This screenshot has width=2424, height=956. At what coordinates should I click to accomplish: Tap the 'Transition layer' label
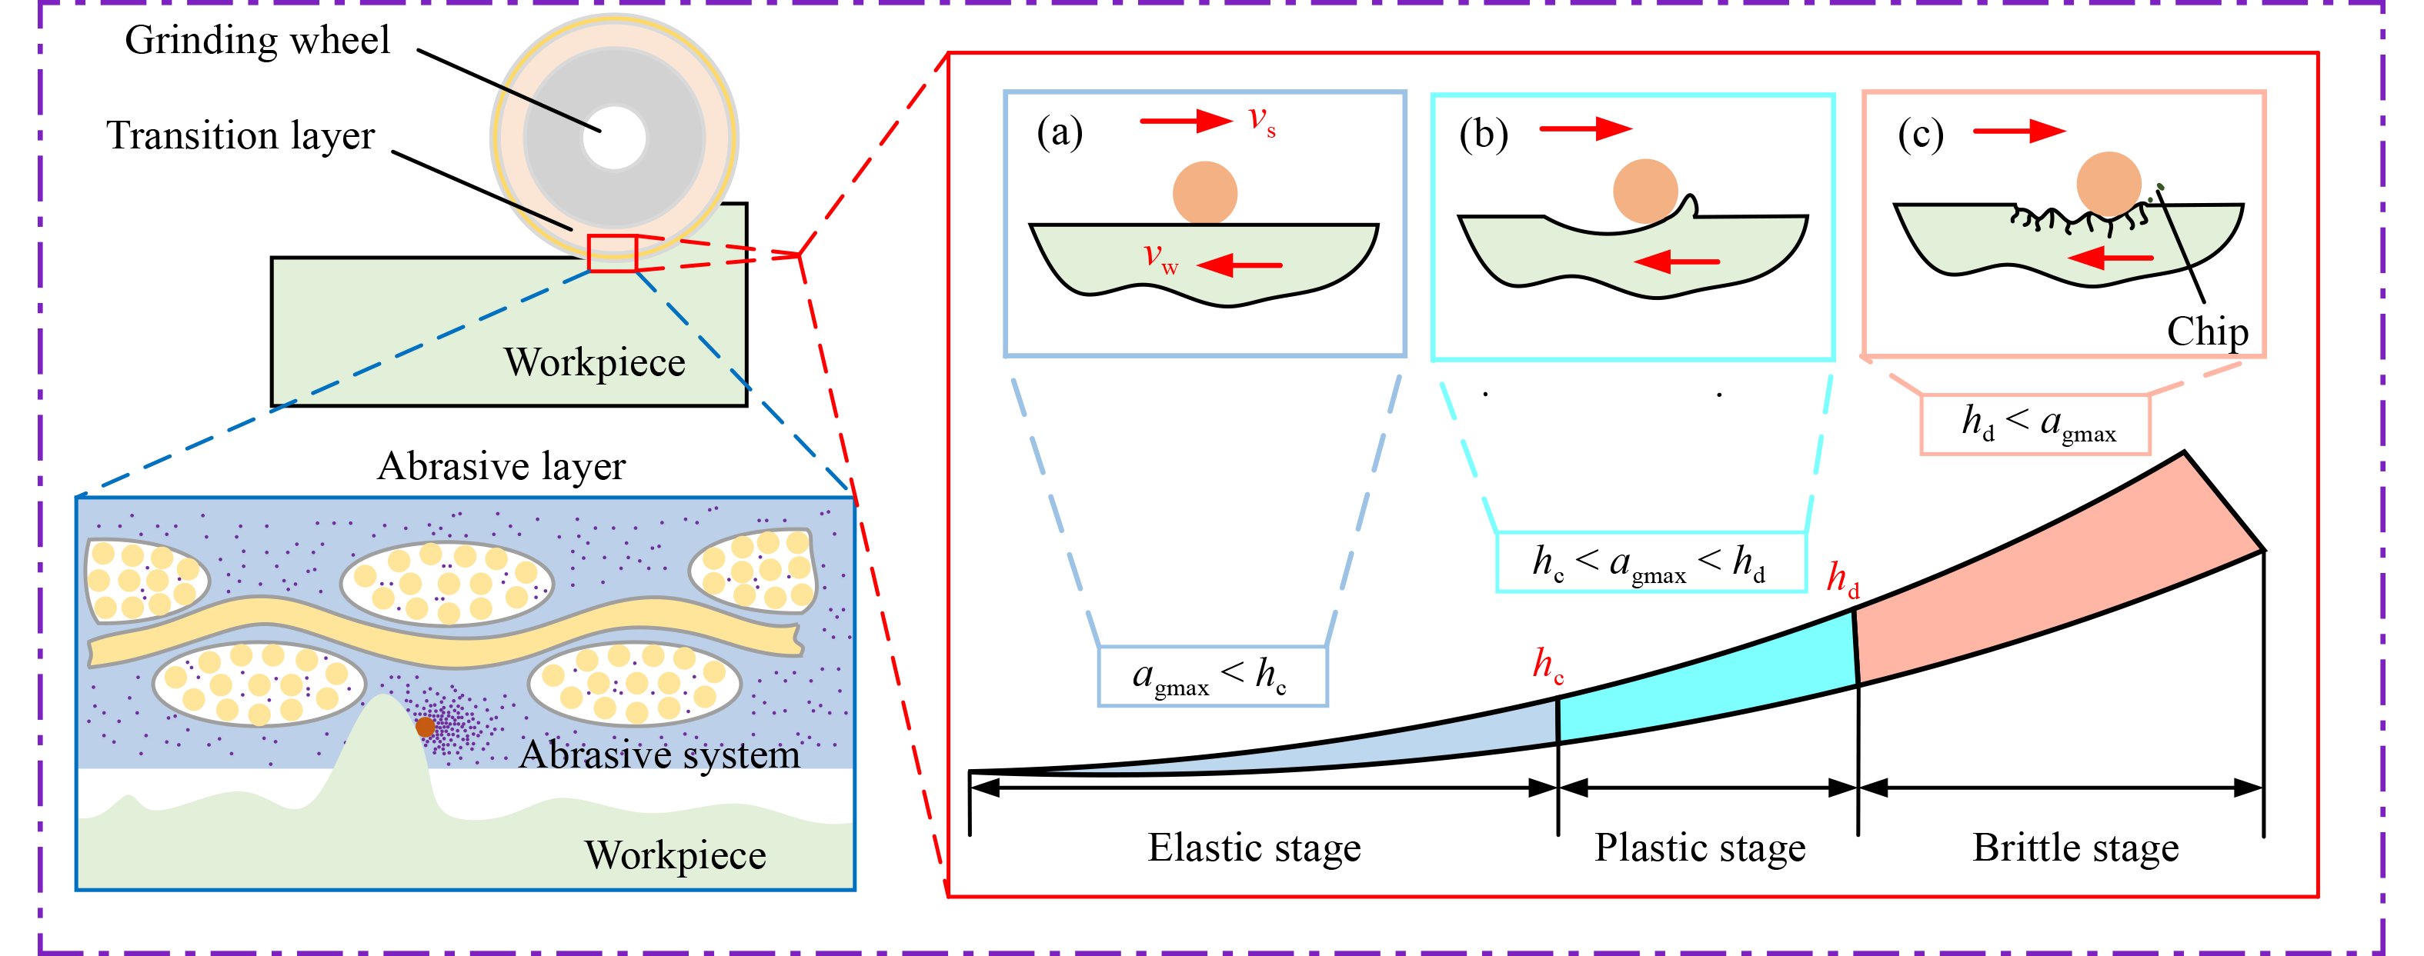tap(240, 135)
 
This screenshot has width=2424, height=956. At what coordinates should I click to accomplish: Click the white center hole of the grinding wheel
tap(615, 138)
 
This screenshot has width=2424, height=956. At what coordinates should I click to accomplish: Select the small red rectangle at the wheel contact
tap(613, 253)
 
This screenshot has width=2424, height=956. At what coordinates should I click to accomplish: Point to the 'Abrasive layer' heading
tap(501, 467)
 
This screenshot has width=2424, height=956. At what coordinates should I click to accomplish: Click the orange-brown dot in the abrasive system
tap(426, 726)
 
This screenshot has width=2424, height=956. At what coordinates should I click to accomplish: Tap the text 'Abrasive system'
tap(659, 754)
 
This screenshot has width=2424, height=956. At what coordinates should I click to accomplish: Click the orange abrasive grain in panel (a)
tap(1204, 193)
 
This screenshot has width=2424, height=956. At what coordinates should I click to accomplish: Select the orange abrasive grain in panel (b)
tap(1645, 191)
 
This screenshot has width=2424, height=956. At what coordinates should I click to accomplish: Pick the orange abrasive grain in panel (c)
tap(2108, 185)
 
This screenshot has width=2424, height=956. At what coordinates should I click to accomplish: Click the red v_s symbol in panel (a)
tap(1261, 121)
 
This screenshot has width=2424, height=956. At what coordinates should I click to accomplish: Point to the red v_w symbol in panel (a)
tap(1160, 257)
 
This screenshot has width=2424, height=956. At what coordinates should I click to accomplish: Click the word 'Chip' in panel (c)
tap(2208, 331)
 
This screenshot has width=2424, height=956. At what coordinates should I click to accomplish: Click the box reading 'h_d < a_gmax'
tap(2035, 425)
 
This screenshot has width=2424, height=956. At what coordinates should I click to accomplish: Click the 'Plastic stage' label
tap(1699, 848)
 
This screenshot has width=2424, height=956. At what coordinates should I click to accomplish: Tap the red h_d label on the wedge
tap(1842, 578)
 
